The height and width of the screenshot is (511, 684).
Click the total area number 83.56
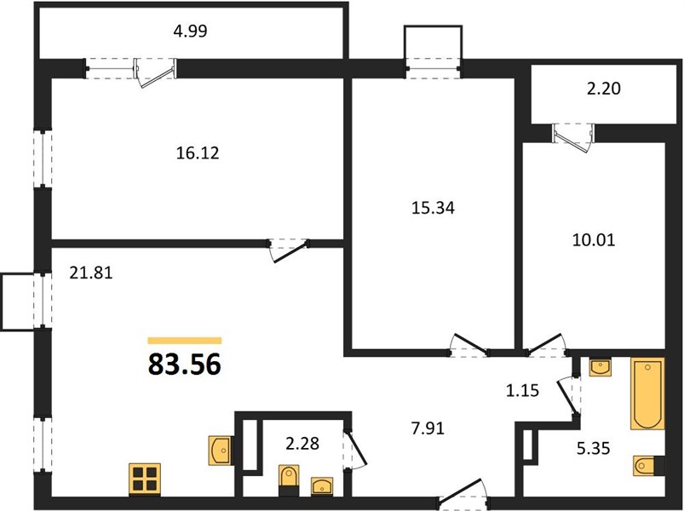[x=185, y=365]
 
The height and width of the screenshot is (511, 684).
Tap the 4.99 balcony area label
[x=190, y=32]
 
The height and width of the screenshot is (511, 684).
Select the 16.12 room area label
[x=198, y=153]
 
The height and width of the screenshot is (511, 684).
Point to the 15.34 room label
[x=433, y=208]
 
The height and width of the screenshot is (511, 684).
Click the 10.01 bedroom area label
[x=593, y=240]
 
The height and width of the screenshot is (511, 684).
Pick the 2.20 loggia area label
[x=604, y=89]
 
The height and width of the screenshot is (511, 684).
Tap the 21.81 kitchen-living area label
[x=91, y=273]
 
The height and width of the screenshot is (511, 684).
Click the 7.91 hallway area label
[x=428, y=428]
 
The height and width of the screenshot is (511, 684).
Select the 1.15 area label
[x=523, y=391]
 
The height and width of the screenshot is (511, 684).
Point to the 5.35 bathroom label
[x=593, y=448]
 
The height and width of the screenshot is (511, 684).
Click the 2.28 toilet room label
[x=302, y=444]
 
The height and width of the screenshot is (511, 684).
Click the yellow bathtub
[x=647, y=393]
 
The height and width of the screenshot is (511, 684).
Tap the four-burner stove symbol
[x=146, y=479]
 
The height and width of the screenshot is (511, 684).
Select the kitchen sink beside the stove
[x=221, y=451]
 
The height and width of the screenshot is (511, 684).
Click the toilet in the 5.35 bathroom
[x=648, y=465]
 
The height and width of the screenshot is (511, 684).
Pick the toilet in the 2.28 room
[x=289, y=480]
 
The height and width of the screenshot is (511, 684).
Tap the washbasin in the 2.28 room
[x=321, y=486]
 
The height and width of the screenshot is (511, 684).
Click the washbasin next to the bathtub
[x=601, y=367]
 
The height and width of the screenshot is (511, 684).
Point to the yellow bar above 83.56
[x=185, y=341]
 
